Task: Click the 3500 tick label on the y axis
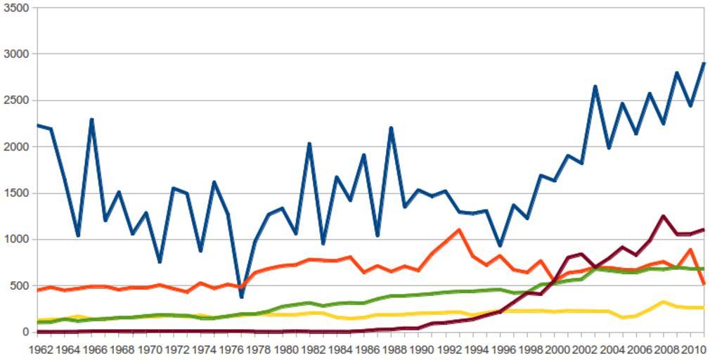click(x=15, y=8)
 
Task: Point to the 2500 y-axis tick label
click(x=15, y=101)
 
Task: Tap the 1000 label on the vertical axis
click(x=15, y=239)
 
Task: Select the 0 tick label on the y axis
click(x=25, y=332)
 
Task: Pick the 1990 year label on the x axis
click(x=422, y=349)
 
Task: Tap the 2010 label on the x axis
click(x=692, y=349)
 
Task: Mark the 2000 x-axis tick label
click(x=557, y=349)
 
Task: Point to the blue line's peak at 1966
click(x=92, y=120)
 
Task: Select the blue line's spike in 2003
click(x=595, y=86)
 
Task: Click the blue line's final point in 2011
click(x=704, y=63)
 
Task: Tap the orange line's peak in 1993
click(x=459, y=230)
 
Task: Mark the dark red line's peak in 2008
click(x=663, y=216)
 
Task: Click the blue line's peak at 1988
click(x=391, y=128)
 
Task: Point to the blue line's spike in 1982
click(x=309, y=143)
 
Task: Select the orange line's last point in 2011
click(x=704, y=284)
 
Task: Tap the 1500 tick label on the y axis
click(x=15, y=193)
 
